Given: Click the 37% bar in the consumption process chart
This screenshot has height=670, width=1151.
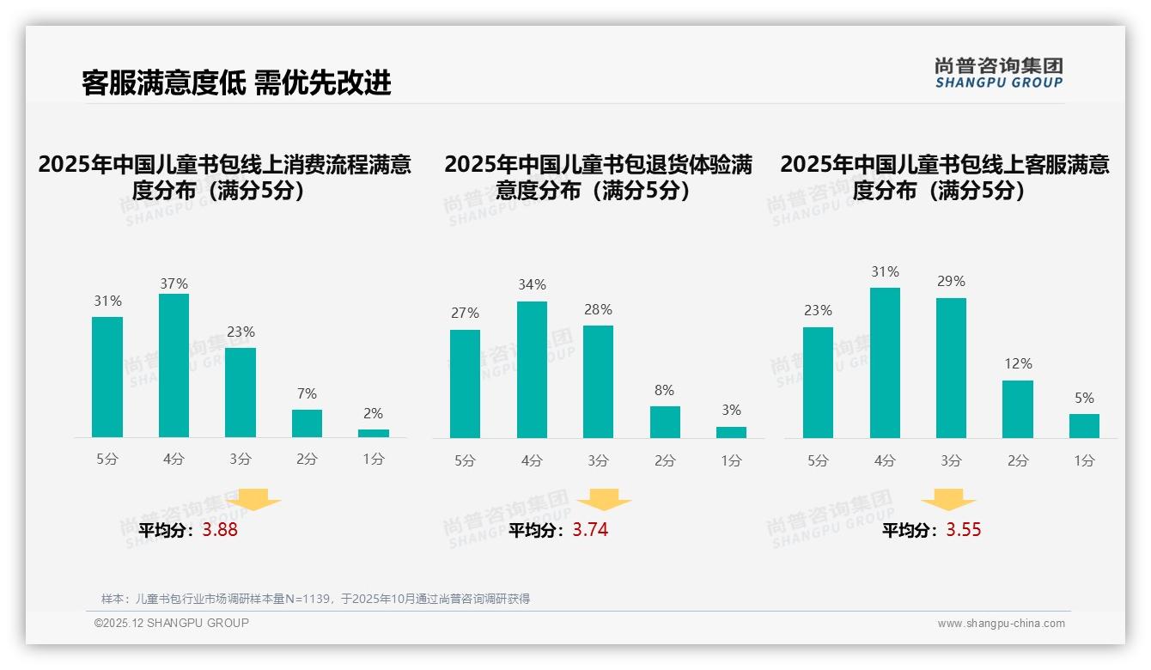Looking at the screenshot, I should [174, 365].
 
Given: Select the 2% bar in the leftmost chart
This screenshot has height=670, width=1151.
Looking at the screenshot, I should [373, 433].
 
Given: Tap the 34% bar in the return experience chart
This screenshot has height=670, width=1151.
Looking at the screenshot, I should [532, 369].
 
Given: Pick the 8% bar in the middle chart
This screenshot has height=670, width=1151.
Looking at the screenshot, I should [665, 422].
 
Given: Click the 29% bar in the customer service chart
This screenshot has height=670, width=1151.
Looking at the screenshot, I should [951, 368].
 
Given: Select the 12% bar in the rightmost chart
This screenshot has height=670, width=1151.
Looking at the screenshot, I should [1018, 409].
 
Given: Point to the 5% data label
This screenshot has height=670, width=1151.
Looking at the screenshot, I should [1084, 399].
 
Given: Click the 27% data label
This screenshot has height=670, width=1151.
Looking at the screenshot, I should [465, 314].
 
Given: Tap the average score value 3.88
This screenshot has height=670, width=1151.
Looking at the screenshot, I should [220, 530].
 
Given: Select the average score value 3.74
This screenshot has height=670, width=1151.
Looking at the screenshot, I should [590, 530].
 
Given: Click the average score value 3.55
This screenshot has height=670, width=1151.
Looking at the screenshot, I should [964, 530].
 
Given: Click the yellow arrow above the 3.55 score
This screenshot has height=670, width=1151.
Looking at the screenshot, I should [948, 500].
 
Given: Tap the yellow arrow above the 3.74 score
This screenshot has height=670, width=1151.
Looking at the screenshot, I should [604, 500].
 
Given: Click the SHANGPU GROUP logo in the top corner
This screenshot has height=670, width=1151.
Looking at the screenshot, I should [999, 73].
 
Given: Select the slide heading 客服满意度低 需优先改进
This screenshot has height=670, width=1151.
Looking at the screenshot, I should [236, 82].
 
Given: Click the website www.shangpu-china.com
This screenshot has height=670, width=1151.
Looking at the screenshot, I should [1001, 624].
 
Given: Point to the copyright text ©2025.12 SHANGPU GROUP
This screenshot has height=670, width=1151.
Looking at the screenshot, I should [172, 623].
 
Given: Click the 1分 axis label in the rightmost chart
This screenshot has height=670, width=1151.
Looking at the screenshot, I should [1084, 460].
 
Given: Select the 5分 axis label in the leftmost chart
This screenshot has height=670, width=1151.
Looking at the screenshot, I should [107, 460].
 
